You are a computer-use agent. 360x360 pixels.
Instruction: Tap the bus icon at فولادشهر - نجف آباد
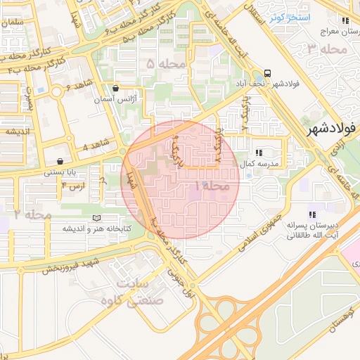pos(267,73)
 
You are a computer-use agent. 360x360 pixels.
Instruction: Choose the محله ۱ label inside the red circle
pos(210,186)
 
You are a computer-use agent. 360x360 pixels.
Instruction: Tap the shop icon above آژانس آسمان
pos(115,89)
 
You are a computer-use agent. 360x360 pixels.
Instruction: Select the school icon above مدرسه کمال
pos(259,152)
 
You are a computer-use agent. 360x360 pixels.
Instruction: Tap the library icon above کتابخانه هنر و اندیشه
pos(97,218)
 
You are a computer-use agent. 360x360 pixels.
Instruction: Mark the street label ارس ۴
pos(73,185)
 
